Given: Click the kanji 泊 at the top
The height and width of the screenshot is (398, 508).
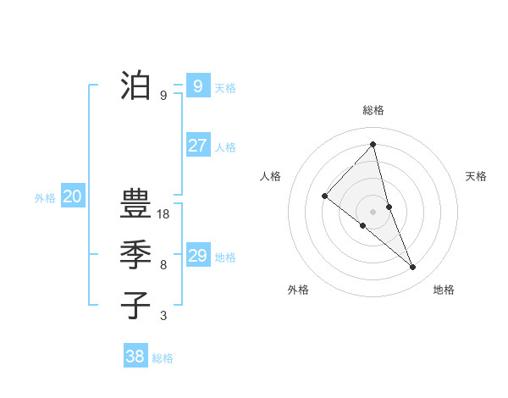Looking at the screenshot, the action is pyautogui.click(x=135, y=86).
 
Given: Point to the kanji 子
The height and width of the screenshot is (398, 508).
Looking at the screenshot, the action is pyautogui.click(x=135, y=304).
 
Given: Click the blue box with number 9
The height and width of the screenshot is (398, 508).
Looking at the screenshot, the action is pyautogui.click(x=197, y=86).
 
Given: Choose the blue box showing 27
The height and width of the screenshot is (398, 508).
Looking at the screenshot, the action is pyautogui.click(x=197, y=145).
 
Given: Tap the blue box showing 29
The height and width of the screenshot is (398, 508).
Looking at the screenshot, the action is pyautogui.click(x=197, y=255).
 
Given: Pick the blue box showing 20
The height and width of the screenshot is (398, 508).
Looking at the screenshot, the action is pyautogui.click(x=72, y=197).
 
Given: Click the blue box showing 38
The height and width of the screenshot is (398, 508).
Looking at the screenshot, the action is pyautogui.click(x=135, y=357).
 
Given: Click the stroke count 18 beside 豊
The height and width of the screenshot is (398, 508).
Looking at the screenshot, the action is pyautogui.click(x=163, y=214).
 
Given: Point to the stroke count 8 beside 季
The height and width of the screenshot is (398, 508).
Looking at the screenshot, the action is pyautogui.click(x=163, y=265).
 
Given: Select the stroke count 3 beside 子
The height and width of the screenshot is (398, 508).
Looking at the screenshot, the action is pyautogui.click(x=163, y=316).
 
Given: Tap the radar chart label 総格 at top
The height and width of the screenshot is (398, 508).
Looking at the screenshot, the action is pyautogui.click(x=373, y=111).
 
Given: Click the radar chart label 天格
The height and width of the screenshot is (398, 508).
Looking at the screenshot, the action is pyautogui.click(x=476, y=176).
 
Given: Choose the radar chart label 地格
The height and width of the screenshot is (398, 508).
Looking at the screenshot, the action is pyautogui.click(x=444, y=290).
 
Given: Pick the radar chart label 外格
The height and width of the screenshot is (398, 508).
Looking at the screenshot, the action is pyautogui.click(x=298, y=290).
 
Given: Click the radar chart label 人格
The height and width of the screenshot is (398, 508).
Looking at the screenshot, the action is pyautogui.click(x=269, y=176).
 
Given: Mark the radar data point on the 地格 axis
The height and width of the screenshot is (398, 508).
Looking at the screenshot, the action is pyautogui.click(x=413, y=268).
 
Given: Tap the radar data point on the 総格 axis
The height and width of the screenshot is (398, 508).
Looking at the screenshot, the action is pyautogui.click(x=373, y=145).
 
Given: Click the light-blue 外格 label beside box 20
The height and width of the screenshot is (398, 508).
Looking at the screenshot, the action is pyautogui.click(x=45, y=198).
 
